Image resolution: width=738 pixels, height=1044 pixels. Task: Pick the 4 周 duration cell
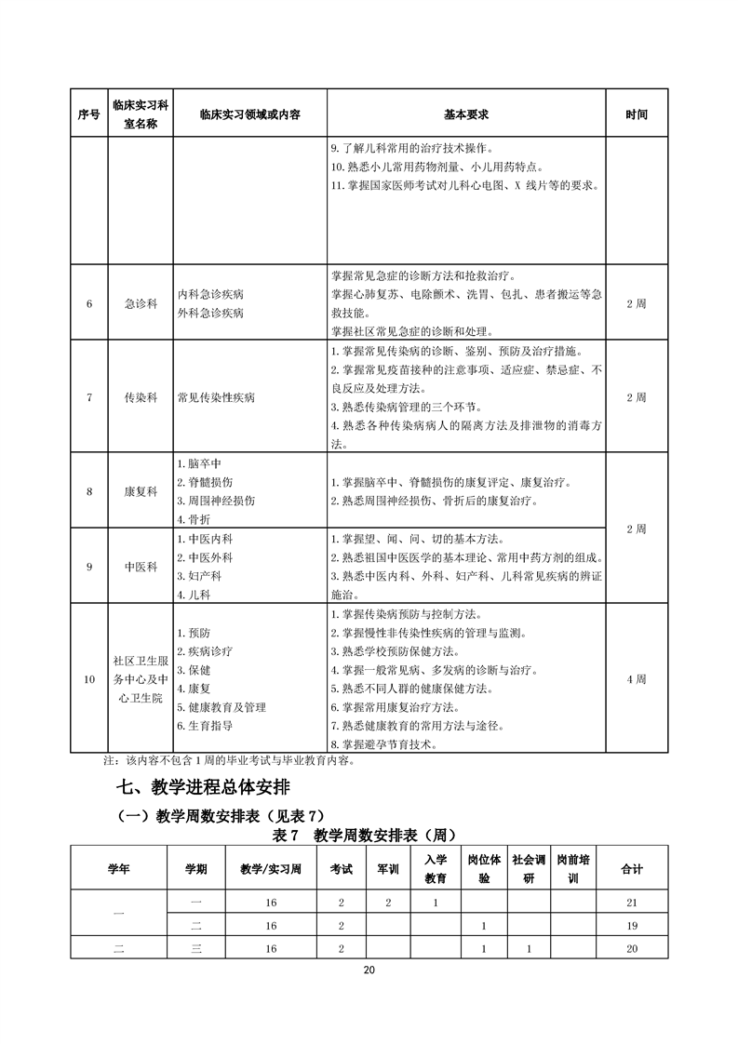[x=637, y=679]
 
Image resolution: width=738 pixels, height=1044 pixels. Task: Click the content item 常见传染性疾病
[x=216, y=397]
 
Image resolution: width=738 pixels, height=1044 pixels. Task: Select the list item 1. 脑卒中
[x=198, y=463]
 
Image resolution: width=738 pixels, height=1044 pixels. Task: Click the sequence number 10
[x=89, y=679]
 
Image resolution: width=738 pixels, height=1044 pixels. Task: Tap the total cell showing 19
[x=632, y=926]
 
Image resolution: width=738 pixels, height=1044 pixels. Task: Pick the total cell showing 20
[x=632, y=949]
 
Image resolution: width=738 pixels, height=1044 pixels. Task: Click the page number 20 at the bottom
[x=369, y=970]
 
